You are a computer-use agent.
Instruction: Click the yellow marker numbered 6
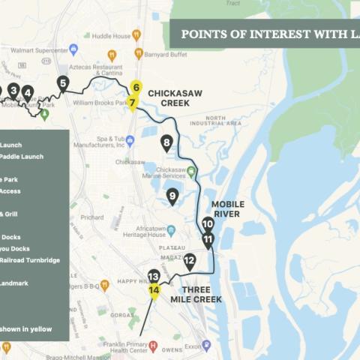tap(136, 87)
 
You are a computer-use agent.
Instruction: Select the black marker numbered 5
tap(63, 83)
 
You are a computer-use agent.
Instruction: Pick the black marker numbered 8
tap(166, 142)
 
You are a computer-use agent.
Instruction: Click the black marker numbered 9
tap(172, 196)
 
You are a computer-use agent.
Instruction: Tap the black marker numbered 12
tap(190, 259)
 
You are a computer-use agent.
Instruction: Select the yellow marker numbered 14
tap(154, 290)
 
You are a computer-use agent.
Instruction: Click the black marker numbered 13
tap(154, 276)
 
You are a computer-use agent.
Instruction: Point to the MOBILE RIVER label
tap(227, 208)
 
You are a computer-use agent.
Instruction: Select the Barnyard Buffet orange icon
tap(139, 53)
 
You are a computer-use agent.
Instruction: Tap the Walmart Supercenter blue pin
tap(73, 49)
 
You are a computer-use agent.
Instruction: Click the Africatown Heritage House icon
tap(171, 229)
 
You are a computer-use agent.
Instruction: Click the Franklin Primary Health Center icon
tap(153, 346)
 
